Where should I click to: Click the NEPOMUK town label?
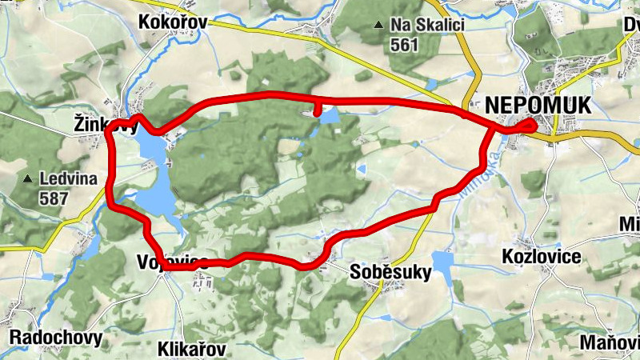tap(538, 106)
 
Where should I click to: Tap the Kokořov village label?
tap(173, 22)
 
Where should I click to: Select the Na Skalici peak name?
tap(428, 25)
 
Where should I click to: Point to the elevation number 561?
tap(406, 45)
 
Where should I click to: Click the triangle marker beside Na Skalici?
tap(378, 26)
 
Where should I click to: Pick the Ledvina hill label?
tap(69, 177)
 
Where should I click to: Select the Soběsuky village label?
tap(391, 273)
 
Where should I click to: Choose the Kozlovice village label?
tap(541, 256)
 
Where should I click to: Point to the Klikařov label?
tap(192, 349)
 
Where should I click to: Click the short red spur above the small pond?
tap(318, 107)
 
